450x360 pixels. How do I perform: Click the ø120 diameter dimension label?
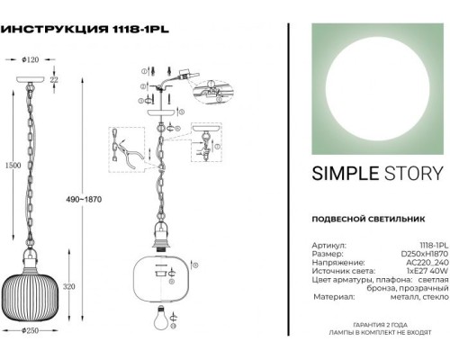pos(33,60)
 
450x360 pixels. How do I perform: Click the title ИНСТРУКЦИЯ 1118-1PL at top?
pos(86,28)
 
